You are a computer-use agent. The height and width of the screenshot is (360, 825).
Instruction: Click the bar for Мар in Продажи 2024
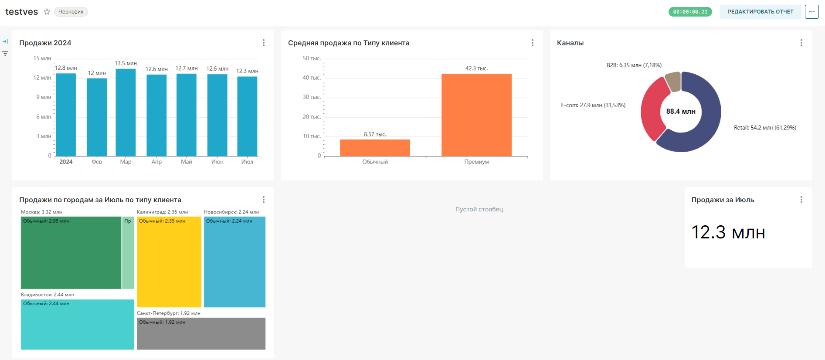click(x=126, y=112)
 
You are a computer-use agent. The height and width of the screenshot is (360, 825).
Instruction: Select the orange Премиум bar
click(x=476, y=115)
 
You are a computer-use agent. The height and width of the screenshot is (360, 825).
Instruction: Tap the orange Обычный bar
click(x=375, y=148)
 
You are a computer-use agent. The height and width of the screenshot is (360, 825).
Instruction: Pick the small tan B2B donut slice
click(x=673, y=82)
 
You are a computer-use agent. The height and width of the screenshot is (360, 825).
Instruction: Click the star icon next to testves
click(x=47, y=12)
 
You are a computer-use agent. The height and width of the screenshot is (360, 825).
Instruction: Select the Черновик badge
click(x=71, y=12)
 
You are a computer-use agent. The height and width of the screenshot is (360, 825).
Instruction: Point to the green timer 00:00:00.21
click(x=690, y=12)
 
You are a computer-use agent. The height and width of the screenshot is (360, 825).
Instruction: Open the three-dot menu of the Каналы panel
click(x=801, y=43)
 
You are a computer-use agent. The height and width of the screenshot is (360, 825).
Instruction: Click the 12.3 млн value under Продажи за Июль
click(x=728, y=232)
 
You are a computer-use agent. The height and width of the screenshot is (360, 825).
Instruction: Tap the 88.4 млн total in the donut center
click(x=681, y=112)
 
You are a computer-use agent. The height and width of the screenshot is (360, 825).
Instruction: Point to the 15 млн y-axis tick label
click(x=42, y=58)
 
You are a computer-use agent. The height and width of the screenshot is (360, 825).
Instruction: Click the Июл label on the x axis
click(x=247, y=162)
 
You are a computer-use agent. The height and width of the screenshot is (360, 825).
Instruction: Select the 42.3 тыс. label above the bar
click(x=476, y=68)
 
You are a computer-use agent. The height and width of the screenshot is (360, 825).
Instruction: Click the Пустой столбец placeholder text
click(x=479, y=209)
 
